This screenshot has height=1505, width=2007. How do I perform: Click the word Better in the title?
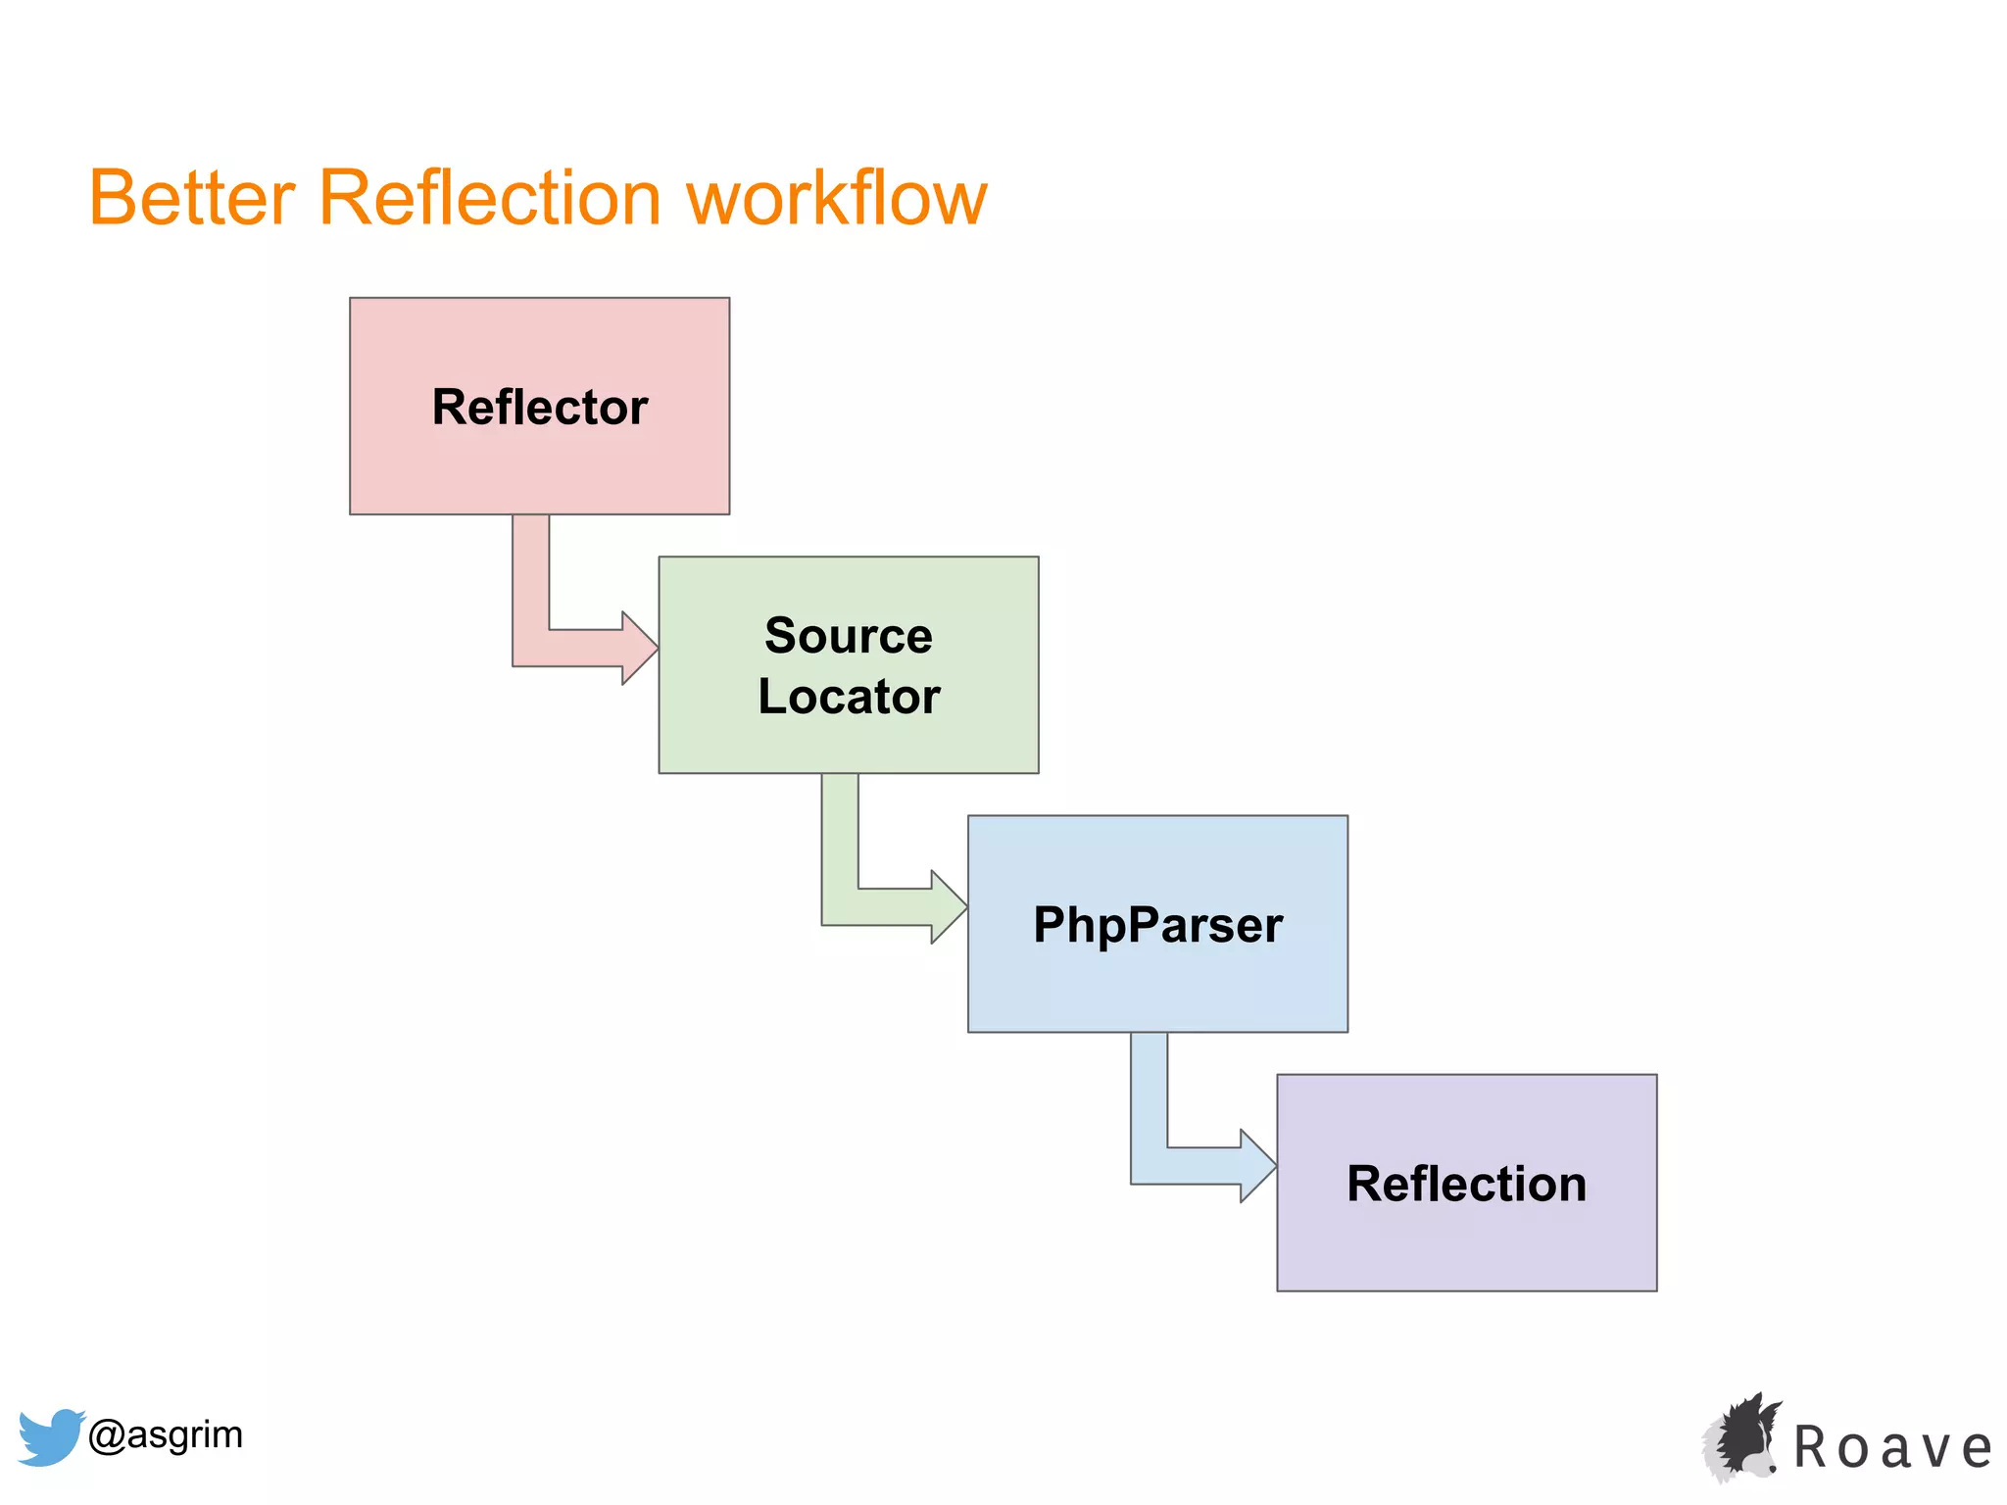coord(192,198)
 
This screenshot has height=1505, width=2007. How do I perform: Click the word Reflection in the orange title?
coord(490,198)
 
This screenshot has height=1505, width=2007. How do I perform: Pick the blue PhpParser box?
coord(1157,990)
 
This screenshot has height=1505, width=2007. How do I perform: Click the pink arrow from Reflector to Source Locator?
coord(549,648)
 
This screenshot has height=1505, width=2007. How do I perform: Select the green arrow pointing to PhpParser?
coord(857,906)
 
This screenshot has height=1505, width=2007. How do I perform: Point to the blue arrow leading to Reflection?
coord(1166,1165)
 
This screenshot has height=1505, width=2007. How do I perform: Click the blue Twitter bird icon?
coord(49,1436)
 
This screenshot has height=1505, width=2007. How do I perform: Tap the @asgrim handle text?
coord(166,1434)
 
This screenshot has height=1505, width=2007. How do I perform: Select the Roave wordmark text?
coord(1892,1448)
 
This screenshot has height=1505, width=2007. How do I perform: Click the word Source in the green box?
coord(848,636)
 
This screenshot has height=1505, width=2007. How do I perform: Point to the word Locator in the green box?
coord(849,697)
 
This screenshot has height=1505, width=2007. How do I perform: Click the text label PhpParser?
coord(1157,925)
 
